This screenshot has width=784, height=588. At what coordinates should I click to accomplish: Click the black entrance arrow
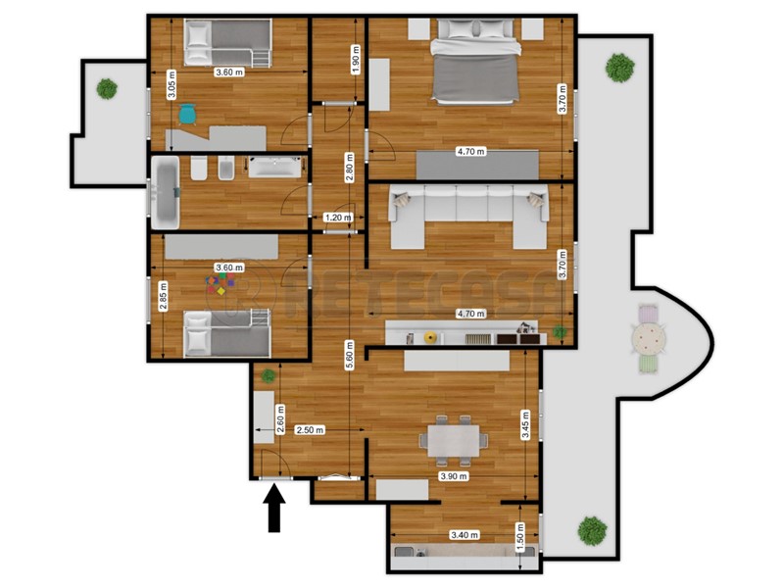click(x=275, y=509)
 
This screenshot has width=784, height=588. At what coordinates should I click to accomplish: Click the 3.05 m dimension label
click(x=172, y=84)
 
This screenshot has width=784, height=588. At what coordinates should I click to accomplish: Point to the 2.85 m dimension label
click(x=163, y=296)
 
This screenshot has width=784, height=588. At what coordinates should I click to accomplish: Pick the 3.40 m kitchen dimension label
click(x=465, y=535)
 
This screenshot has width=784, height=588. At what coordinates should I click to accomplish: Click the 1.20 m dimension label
click(x=338, y=218)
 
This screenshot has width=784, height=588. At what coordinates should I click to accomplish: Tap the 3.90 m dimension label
click(x=454, y=476)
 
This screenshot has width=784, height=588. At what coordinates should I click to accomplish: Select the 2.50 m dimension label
click(x=311, y=429)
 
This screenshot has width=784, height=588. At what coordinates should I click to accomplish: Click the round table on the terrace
click(x=648, y=339)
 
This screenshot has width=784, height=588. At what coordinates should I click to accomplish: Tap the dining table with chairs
click(x=453, y=437)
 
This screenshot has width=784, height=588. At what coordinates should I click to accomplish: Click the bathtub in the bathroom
click(x=165, y=191)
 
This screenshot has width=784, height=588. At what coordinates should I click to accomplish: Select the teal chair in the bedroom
click(x=187, y=114)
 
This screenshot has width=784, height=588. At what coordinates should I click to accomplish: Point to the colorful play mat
click(x=220, y=285)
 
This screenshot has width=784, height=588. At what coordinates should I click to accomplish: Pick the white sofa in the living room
click(x=468, y=214)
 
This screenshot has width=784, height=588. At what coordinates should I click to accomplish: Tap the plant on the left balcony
click(x=107, y=87)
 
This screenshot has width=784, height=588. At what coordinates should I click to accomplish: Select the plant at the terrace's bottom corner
click(x=592, y=530)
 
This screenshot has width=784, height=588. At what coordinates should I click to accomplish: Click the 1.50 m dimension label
click(x=520, y=535)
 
